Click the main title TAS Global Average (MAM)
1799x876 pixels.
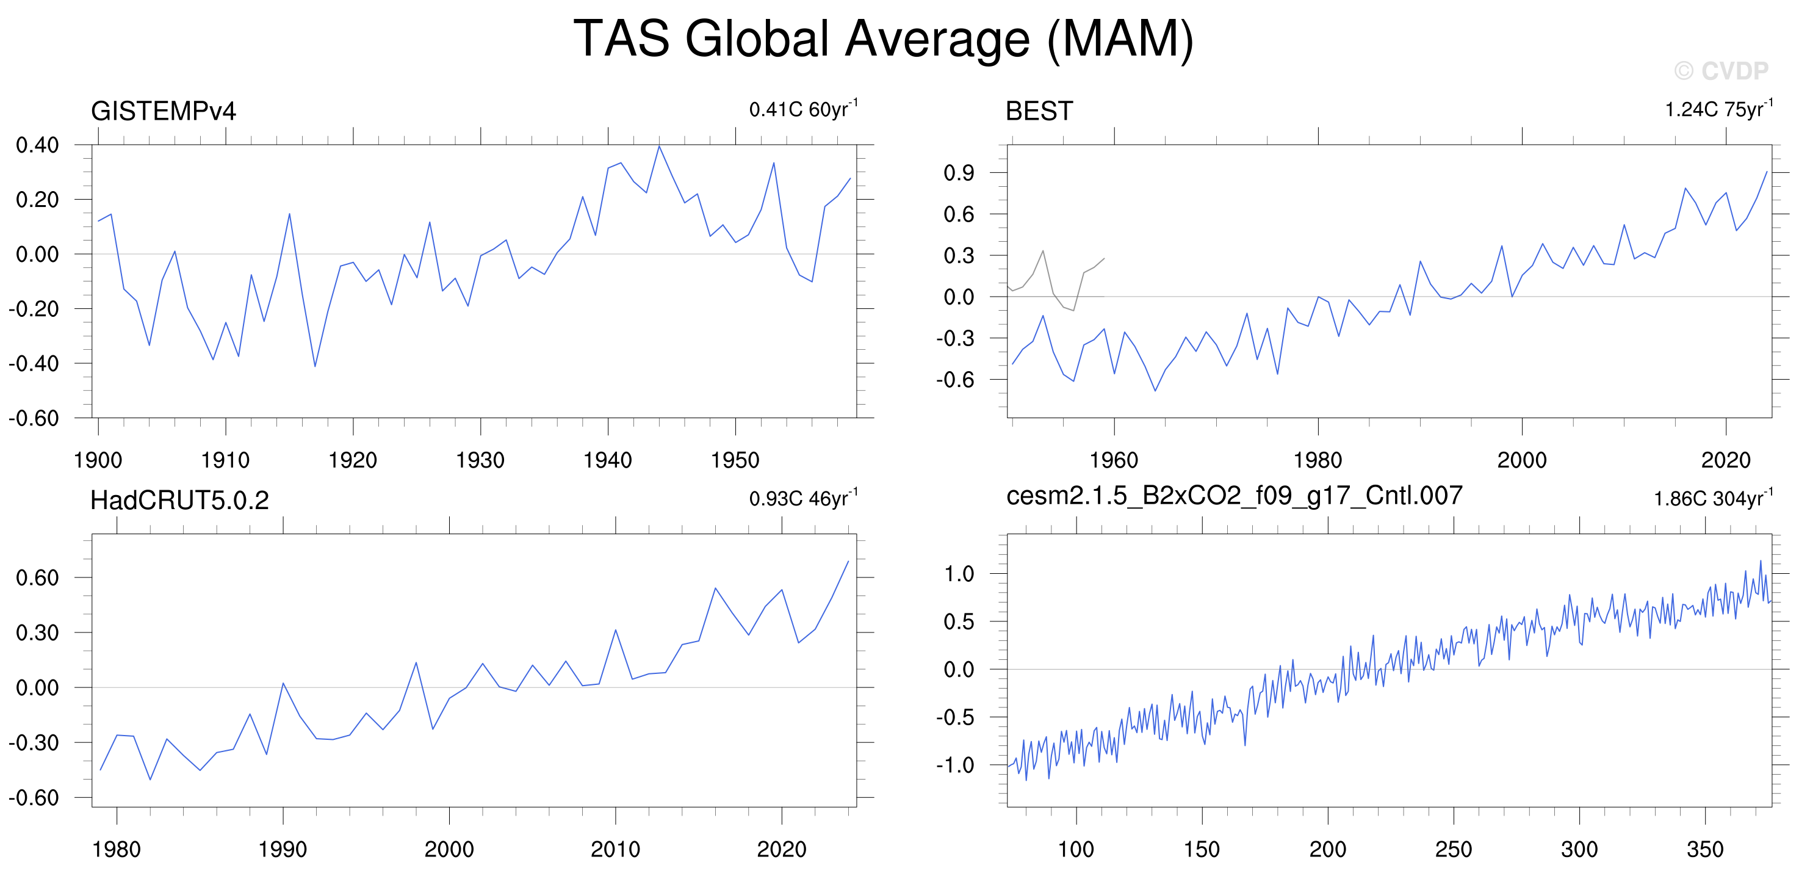884,39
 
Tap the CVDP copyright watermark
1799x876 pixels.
1721,71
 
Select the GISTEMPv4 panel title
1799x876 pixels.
164,111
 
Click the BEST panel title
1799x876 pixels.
1039,111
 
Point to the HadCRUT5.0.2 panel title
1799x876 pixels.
179,500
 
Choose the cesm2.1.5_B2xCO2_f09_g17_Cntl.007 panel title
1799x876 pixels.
1234,496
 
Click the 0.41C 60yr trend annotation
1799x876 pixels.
803,109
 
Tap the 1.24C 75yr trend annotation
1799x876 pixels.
1718,109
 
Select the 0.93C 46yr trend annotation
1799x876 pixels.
803,498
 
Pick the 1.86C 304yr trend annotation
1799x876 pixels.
1713,498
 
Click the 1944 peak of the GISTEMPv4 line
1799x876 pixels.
658,146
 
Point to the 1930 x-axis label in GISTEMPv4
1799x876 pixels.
480,460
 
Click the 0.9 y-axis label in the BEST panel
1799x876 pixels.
959,173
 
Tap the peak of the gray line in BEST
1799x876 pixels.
1043,251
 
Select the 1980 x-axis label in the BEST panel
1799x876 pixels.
1318,460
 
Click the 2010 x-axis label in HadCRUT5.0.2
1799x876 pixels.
615,850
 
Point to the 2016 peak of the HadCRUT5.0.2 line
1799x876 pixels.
715,589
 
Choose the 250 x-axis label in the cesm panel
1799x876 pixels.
1454,850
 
